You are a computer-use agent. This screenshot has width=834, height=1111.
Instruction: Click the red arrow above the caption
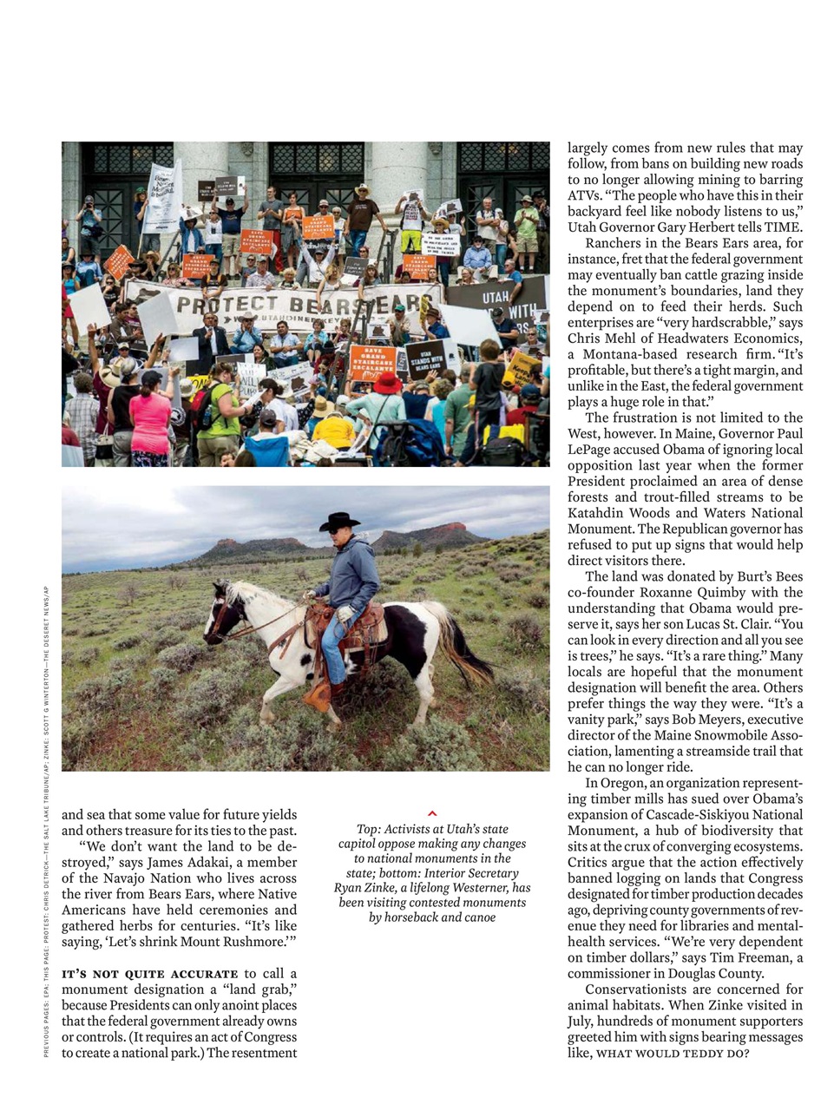tap(432, 814)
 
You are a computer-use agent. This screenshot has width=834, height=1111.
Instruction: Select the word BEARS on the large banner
tap(323, 306)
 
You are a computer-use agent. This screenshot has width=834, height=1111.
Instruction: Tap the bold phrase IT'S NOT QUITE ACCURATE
tap(149, 974)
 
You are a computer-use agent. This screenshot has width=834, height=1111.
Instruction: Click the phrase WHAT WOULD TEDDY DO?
tap(673, 1053)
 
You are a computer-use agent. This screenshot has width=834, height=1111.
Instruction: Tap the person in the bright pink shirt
tap(150, 421)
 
